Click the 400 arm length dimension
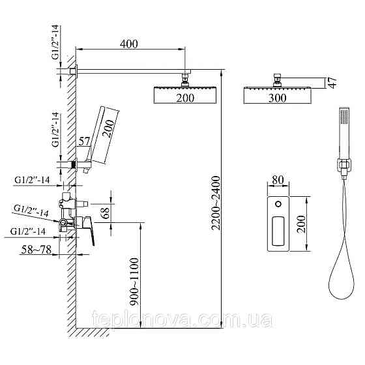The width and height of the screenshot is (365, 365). [x=129, y=44]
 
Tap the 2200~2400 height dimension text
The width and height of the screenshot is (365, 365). [x=216, y=203]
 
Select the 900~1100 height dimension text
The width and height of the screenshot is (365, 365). [x=134, y=282]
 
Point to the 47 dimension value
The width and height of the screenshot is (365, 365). [x=333, y=83]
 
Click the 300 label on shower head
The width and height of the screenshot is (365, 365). [x=277, y=98]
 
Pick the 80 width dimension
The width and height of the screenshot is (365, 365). [x=278, y=180]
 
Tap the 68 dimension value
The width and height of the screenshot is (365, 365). [x=106, y=212]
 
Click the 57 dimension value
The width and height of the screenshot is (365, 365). [x=84, y=141]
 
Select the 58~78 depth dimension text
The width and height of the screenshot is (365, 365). [x=36, y=250]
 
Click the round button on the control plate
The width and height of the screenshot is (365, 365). [x=278, y=204]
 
